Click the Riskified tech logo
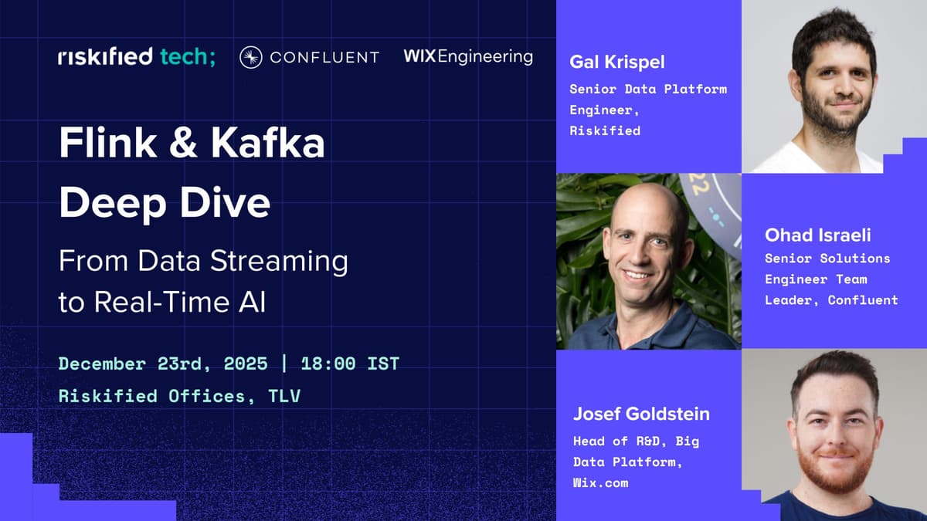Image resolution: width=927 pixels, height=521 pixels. (137, 56)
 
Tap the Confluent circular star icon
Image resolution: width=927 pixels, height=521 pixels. (250, 57)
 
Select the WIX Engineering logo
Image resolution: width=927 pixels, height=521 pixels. (467, 56)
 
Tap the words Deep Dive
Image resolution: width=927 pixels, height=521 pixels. (165, 201)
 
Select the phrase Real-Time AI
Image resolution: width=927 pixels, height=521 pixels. (180, 302)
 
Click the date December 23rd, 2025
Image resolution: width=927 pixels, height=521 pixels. (163, 363)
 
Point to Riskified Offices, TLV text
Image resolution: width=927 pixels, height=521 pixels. (179, 397)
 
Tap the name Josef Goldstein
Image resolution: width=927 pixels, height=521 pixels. (641, 414)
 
